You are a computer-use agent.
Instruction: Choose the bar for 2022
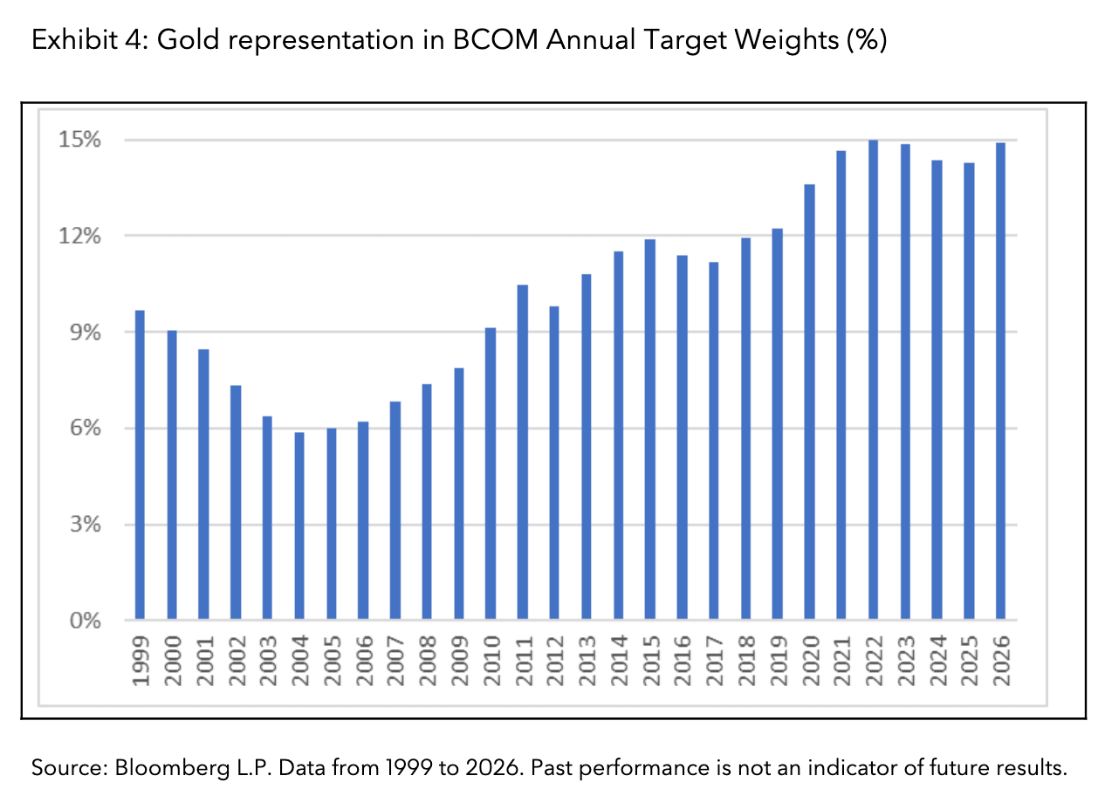(x=873, y=380)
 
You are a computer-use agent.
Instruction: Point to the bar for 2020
(x=809, y=402)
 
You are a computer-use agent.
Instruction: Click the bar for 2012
(x=554, y=463)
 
